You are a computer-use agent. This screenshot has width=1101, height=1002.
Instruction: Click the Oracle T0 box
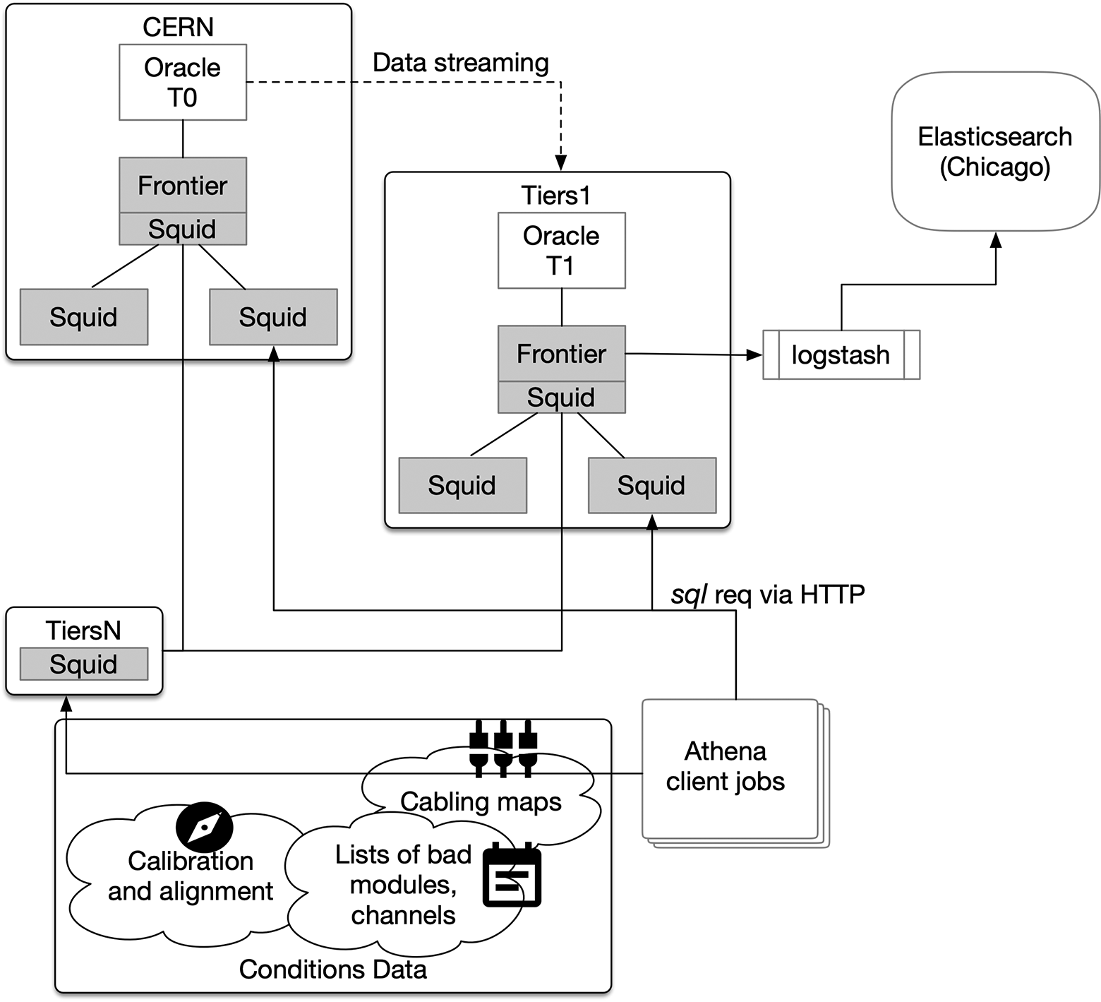(183, 82)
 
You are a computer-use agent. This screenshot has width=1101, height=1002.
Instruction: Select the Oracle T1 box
(561, 250)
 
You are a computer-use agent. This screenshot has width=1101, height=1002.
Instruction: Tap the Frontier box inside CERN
(183, 185)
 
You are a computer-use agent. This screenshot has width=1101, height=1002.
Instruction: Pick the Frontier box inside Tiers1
(561, 353)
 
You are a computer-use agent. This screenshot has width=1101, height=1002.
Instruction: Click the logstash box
(841, 354)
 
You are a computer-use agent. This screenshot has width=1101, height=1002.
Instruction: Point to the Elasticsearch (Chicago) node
(994, 151)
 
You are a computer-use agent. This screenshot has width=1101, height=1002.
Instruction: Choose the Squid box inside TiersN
(83, 664)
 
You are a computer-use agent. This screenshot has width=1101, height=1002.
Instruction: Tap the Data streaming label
(460, 63)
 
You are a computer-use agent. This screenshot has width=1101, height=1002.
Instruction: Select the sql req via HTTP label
(767, 595)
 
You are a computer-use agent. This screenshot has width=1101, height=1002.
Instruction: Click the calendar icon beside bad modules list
(512, 876)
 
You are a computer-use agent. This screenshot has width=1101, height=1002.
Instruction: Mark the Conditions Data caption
(332, 970)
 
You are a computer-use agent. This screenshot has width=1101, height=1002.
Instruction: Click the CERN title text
(178, 27)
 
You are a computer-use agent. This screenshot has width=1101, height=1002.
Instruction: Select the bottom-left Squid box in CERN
(83, 317)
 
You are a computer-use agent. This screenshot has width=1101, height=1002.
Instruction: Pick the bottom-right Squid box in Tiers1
(651, 485)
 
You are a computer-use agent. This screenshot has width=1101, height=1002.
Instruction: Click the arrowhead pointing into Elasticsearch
(995, 240)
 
